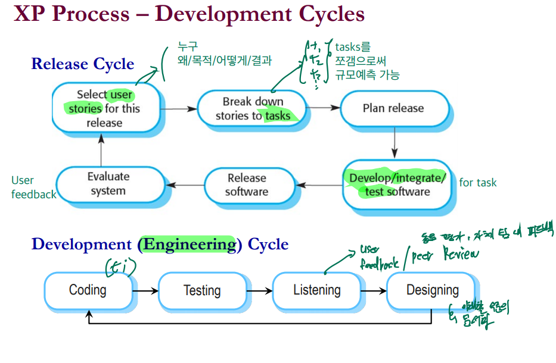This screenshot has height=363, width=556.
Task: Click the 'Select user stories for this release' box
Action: pos(105,108)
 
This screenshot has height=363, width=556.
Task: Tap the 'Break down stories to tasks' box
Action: pos(253,108)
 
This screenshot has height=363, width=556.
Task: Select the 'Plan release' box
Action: pos(393,108)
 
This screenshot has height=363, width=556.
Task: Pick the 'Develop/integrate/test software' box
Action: pos(397,184)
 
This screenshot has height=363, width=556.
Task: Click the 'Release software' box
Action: pos(247,184)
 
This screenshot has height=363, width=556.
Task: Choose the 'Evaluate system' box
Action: pos(108,184)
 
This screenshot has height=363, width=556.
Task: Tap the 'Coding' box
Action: pos(88,291)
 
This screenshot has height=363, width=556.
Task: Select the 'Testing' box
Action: pos(202,291)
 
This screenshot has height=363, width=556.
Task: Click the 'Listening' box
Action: pos(316,291)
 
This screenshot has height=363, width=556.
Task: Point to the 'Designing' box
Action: pos(432,291)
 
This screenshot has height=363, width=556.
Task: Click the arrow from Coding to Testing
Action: pos(146,291)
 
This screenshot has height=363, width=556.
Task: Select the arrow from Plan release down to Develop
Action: pos(394,143)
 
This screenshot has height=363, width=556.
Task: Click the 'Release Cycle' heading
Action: pos(83,64)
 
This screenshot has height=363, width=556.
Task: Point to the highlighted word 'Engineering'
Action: pos(189,245)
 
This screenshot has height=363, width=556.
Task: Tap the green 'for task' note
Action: pos(478,183)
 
